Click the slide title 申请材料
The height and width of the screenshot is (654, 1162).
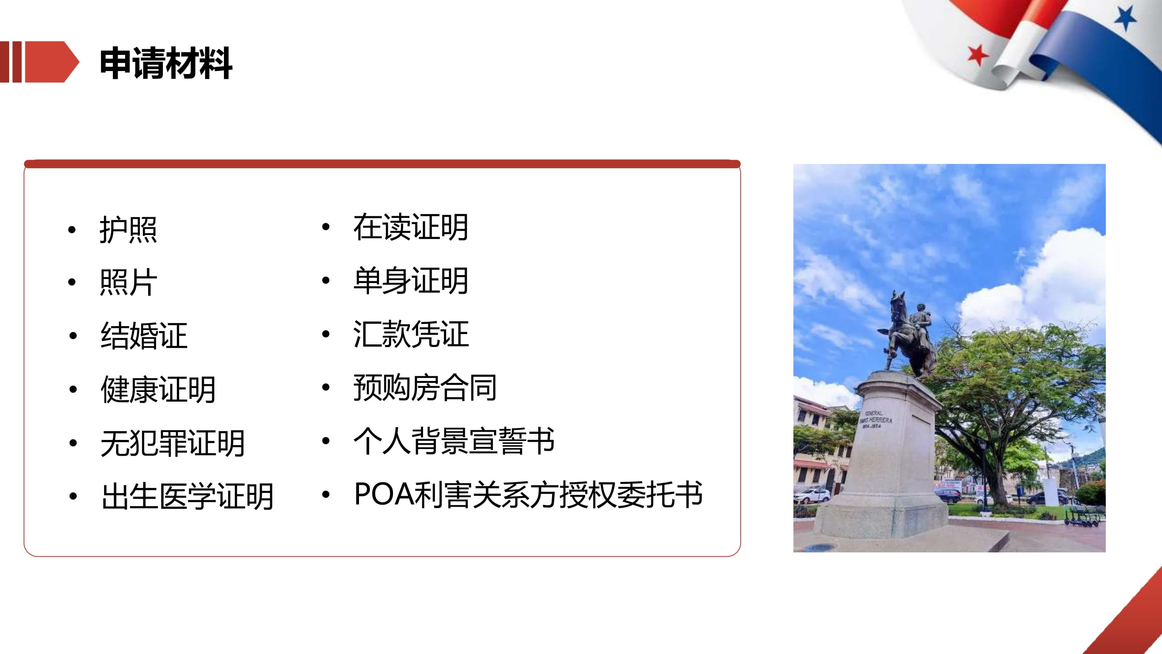tap(166, 63)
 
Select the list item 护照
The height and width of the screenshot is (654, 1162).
tap(128, 230)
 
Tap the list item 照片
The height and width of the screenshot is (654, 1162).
tap(128, 282)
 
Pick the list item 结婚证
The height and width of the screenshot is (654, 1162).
tap(144, 336)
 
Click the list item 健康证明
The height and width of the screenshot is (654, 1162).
tap(158, 389)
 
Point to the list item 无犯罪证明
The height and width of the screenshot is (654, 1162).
tap(173, 443)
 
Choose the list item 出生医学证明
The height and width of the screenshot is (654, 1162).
tap(188, 496)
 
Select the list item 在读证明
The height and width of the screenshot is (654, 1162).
tap(410, 227)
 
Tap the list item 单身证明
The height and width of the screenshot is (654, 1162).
tap(410, 280)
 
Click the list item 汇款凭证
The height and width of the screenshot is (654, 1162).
tap(411, 334)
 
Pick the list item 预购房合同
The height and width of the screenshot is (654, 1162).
tap(425, 387)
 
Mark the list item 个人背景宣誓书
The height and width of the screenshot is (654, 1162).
tap(454, 441)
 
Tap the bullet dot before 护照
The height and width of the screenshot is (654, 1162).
tap(72, 230)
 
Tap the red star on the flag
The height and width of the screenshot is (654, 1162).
tap(977, 55)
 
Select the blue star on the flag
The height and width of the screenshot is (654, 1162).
tap(1125, 18)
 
